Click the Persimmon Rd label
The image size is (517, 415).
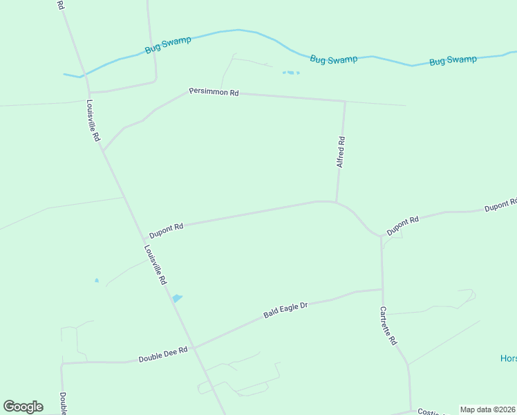(214, 92)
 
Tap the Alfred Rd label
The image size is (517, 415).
(340, 152)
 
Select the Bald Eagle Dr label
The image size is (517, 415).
(285, 310)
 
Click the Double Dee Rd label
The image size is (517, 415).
(163, 355)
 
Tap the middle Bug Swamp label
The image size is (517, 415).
(334, 59)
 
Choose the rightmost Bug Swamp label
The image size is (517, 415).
(453, 60)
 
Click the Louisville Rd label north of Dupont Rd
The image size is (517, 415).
(93, 121)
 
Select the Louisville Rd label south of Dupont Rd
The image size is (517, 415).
(156, 265)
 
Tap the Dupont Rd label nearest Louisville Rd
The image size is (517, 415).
(166, 230)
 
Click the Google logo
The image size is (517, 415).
(23, 407)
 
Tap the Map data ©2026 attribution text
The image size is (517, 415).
(487, 409)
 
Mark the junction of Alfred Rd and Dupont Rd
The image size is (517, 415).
(337, 202)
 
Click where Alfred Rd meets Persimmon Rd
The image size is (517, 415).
(344, 102)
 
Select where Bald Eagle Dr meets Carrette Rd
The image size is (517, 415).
(382, 290)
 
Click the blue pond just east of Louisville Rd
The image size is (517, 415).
(177, 298)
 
